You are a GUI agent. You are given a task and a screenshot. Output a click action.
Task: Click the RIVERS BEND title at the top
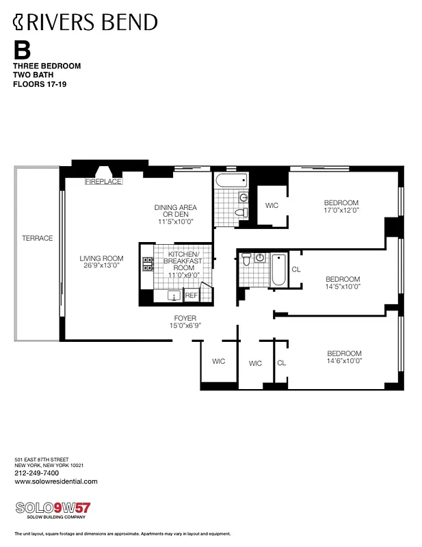[x=85, y=22]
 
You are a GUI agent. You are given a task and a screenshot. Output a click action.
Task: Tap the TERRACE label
[x=37, y=238]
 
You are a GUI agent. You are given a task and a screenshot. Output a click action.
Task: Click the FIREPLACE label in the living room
[x=103, y=182]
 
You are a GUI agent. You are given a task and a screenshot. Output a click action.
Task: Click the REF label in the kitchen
[x=191, y=295]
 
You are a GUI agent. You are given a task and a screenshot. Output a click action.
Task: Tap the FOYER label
[x=185, y=318]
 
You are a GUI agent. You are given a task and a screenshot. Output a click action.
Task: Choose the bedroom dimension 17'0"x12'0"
[x=341, y=212]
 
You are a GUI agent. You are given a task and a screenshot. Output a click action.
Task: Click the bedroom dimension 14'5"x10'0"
[x=343, y=287]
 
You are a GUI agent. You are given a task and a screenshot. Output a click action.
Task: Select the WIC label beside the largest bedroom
[x=272, y=205]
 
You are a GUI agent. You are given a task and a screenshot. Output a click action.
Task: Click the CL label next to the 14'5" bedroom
[x=295, y=269]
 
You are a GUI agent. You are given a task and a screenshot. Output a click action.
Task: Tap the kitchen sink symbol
[x=174, y=296]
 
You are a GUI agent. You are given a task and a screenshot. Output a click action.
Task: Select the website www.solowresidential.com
[x=55, y=481]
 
